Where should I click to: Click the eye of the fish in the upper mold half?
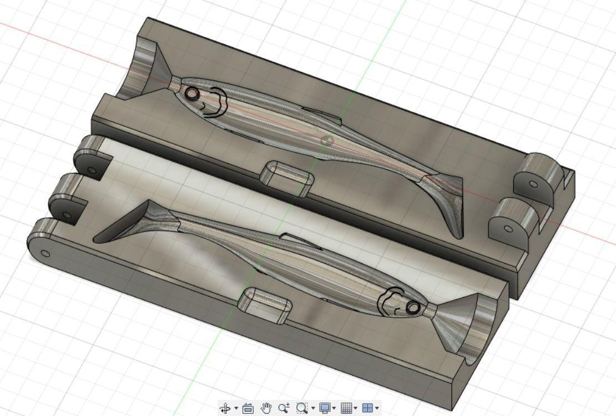pyautogui.click(x=192, y=94)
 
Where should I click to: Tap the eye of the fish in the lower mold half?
pyautogui.click(x=412, y=307)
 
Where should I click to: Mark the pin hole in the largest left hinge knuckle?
pyautogui.click(x=46, y=254)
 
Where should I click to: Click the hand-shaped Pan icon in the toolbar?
pyautogui.click(x=266, y=408)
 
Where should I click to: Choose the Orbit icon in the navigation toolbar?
pyautogui.click(x=225, y=408)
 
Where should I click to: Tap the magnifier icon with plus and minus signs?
pyautogui.click(x=284, y=408)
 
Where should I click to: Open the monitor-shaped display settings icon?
pyautogui.click(x=325, y=408)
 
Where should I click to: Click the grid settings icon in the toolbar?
pyautogui.click(x=346, y=408)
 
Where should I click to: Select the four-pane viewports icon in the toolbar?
pyautogui.click(x=367, y=408)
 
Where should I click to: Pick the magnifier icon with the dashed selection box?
pyautogui.click(x=302, y=408)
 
